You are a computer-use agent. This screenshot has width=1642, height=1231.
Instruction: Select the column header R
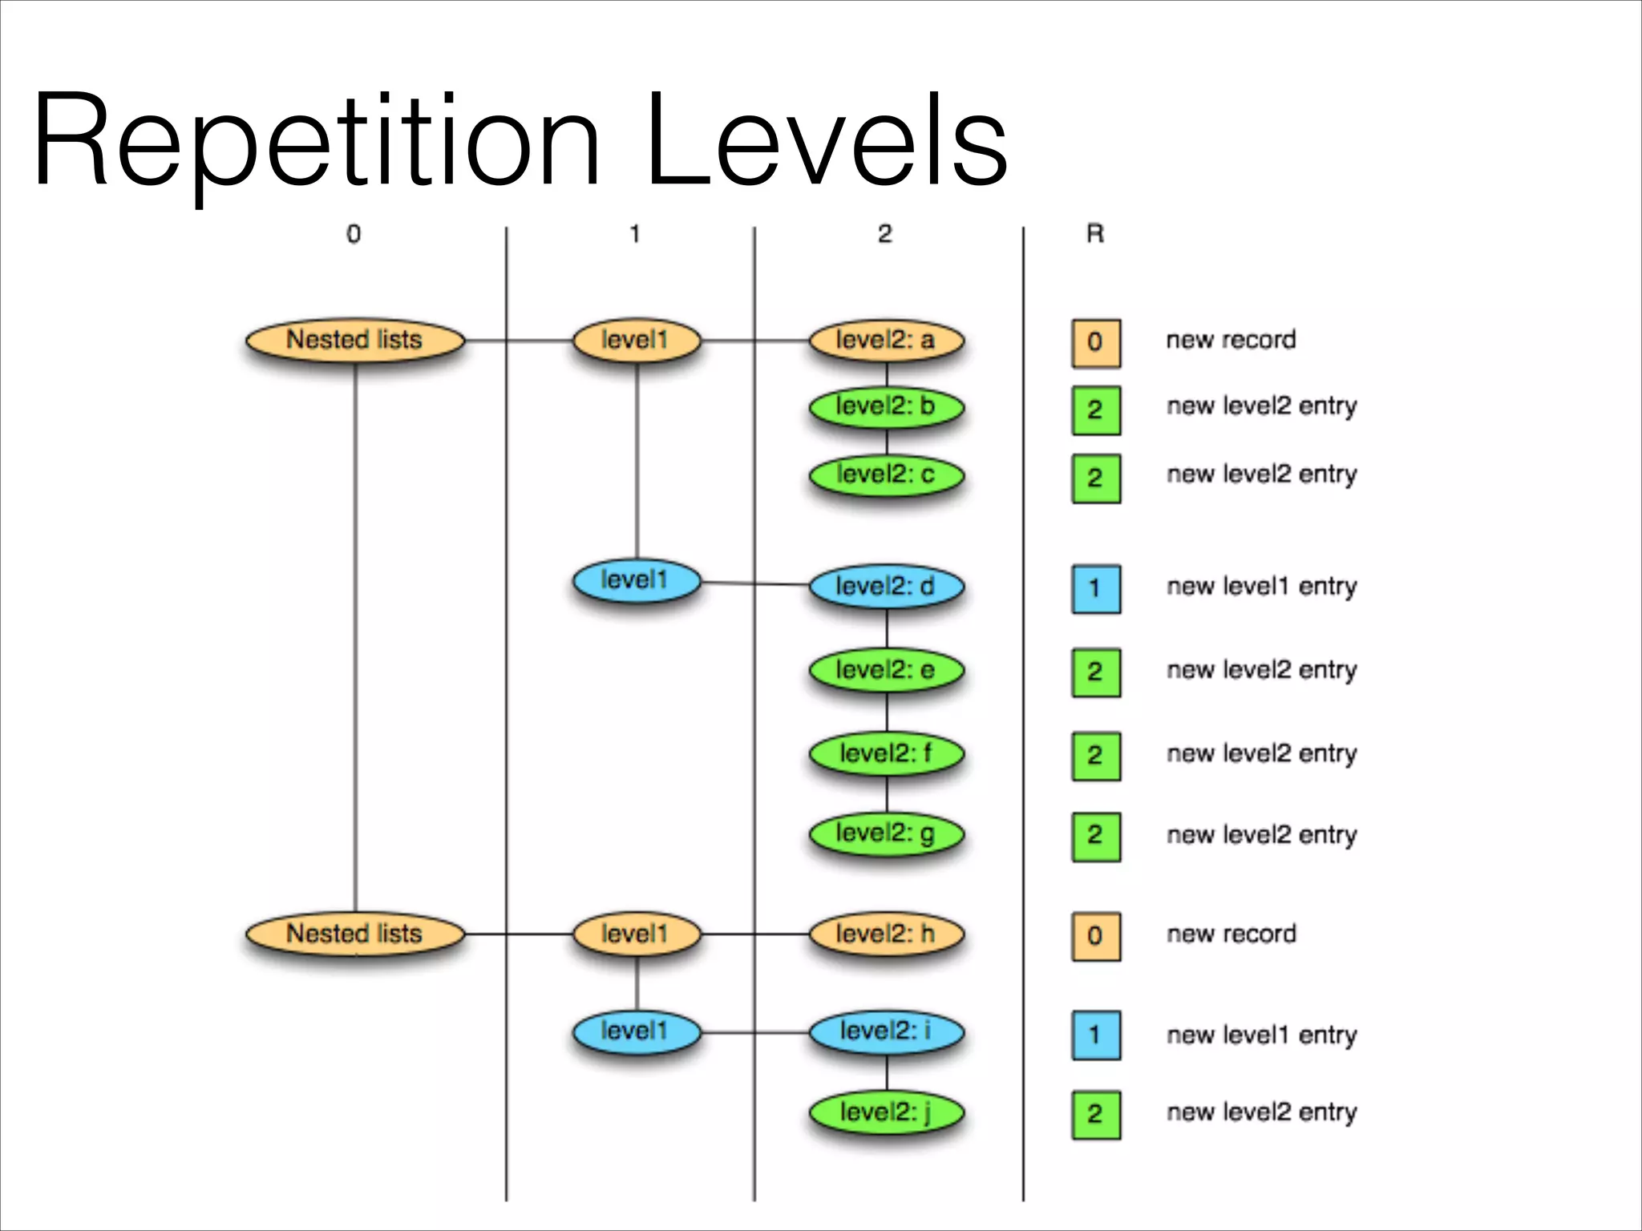(1095, 234)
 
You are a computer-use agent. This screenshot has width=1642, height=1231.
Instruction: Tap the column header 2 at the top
(884, 234)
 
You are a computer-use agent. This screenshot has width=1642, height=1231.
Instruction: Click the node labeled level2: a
(886, 341)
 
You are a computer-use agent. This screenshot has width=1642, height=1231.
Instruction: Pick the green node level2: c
(886, 475)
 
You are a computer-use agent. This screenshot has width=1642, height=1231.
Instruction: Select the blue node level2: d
(886, 587)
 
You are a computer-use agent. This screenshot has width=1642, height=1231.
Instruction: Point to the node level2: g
(886, 833)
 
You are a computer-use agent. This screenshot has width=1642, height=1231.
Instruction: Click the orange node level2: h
(886, 934)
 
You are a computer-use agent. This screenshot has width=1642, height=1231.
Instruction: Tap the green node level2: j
(886, 1112)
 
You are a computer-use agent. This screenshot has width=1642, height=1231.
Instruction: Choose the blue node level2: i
(886, 1031)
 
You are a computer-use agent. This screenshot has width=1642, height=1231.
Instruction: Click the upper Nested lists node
(354, 341)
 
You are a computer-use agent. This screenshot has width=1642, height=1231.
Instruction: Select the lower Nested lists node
(354, 934)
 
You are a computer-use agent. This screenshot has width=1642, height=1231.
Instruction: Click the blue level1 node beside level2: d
(636, 581)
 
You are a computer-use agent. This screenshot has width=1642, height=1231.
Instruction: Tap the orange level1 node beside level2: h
(636, 934)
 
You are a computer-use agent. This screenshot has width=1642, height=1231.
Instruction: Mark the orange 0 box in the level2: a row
(1096, 343)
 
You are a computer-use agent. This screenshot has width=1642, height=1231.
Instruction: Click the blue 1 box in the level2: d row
(1096, 589)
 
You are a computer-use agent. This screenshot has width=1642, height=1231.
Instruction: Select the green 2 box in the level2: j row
(1096, 1114)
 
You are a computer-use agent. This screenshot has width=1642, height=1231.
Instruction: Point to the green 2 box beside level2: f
(1096, 756)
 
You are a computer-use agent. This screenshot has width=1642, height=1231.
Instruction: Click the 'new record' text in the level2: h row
(1231, 934)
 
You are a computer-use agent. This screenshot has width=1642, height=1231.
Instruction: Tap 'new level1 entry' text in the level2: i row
(1261, 1035)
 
